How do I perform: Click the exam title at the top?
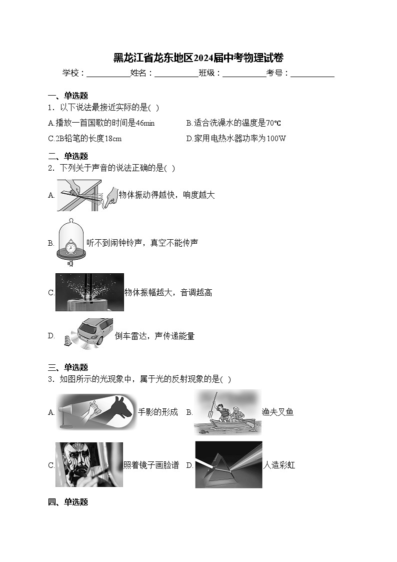[x=198, y=58]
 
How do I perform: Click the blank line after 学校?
[x=108, y=73]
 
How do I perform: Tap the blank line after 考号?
[x=312, y=73]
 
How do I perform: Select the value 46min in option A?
[x=145, y=123]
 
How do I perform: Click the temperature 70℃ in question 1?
[x=273, y=123]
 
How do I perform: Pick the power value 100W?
[x=276, y=139]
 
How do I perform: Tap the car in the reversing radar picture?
[x=97, y=331]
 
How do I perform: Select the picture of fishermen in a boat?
[x=227, y=412]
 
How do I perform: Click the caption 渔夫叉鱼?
[x=277, y=412]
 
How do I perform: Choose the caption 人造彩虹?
[x=279, y=465]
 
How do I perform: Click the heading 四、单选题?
[x=68, y=502]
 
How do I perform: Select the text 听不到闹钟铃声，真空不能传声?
[x=142, y=243]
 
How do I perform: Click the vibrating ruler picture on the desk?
[x=86, y=194]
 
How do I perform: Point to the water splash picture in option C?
[x=89, y=292]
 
